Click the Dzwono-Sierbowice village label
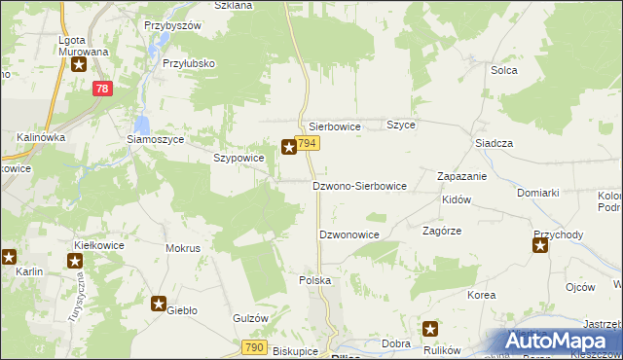(x=358, y=185)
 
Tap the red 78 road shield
(x=102, y=89)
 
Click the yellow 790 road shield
(x=255, y=347)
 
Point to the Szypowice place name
(x=238, y=158)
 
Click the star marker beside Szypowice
(x=289, y=148)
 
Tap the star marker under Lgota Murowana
(x=79, y=65)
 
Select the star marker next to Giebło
(x=159, y=304)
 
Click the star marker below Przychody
(x=540, y=246)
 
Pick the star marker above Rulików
(x=430, y=329)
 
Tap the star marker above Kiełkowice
(x=75, y=260)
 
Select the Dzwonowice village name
(x=348, y=234)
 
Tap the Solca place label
(x=503, y=70)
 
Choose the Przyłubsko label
(x=189, y=63)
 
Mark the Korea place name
(x=481, y=295)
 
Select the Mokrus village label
(x=183, y=248)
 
